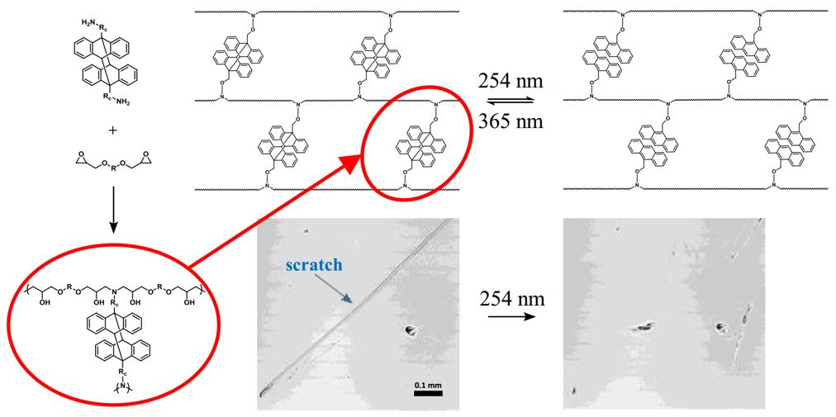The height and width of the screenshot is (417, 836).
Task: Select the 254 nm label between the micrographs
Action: pos(511,298)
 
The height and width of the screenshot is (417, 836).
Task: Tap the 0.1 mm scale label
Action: pos(425,384)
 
